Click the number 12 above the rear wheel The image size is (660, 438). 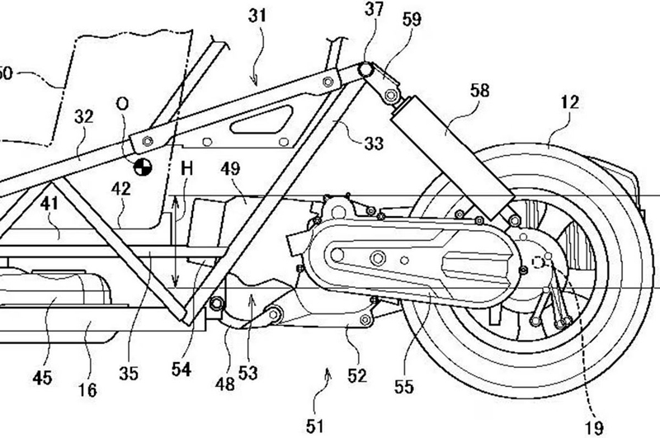[x=569, y=103]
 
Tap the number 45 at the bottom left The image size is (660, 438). [x=43, y=378]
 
